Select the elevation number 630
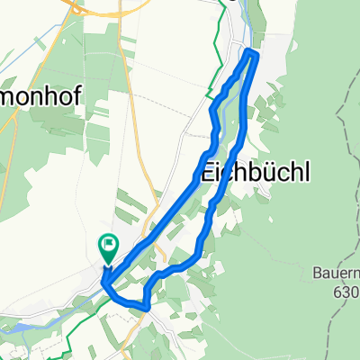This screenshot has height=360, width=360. pyautogui.click(x=347, y=292)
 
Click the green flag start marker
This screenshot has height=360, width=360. pyautogui.click(x=109, y=243)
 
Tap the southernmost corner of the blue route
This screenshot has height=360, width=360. pyautogui.click(x=145, y=307)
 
